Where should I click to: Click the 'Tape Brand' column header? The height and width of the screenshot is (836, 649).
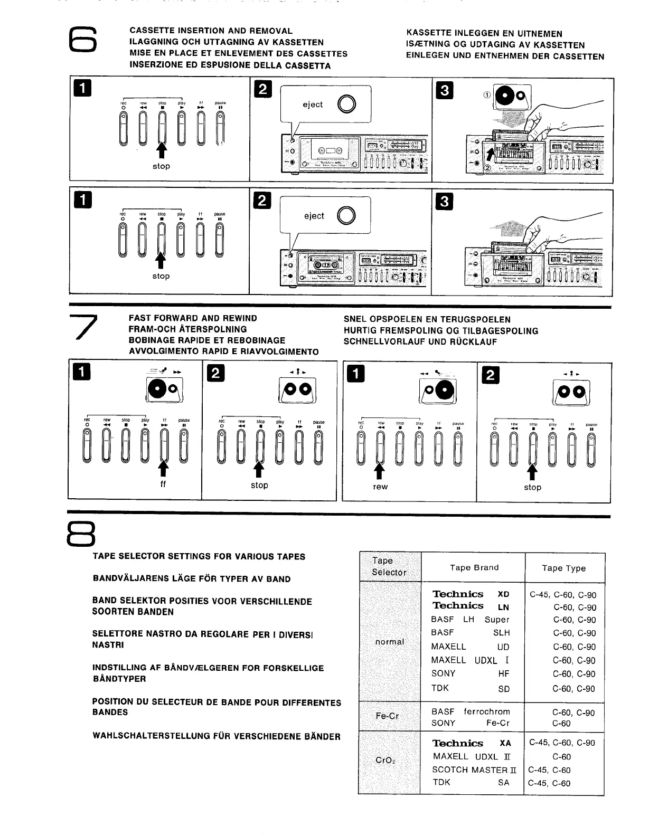[474, 568]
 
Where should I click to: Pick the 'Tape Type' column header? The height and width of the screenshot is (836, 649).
[563, 568]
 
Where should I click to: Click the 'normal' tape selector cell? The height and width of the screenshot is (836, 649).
[389, 642]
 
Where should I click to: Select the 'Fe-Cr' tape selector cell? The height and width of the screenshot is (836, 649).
[387, 716]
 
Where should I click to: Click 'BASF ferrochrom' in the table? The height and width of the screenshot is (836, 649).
[470, 711]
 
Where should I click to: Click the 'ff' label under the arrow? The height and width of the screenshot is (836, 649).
[163, 484]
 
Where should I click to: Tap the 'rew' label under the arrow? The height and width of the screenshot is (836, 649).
[380, 487]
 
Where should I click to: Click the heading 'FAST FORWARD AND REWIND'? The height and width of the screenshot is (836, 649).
[193, 318]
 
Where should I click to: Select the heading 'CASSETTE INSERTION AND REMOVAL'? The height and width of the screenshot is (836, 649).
[211, 31]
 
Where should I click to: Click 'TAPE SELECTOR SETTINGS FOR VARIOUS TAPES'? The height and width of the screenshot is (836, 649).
[199, 556]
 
